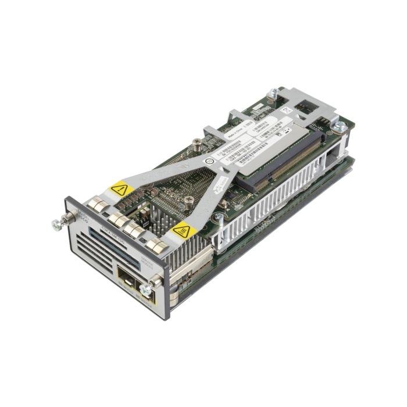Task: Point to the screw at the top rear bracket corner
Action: click(273, 93)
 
